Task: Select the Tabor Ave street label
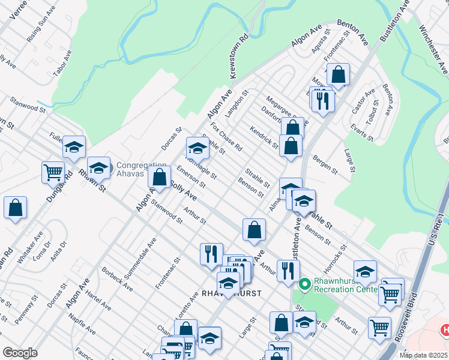coord(62,62)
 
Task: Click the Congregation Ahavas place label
coord(141,169)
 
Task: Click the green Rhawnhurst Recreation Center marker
coord(304,283)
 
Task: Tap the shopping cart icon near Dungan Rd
coord(53,172)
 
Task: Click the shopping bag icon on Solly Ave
coord(159,177)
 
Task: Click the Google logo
coord(20,353)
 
